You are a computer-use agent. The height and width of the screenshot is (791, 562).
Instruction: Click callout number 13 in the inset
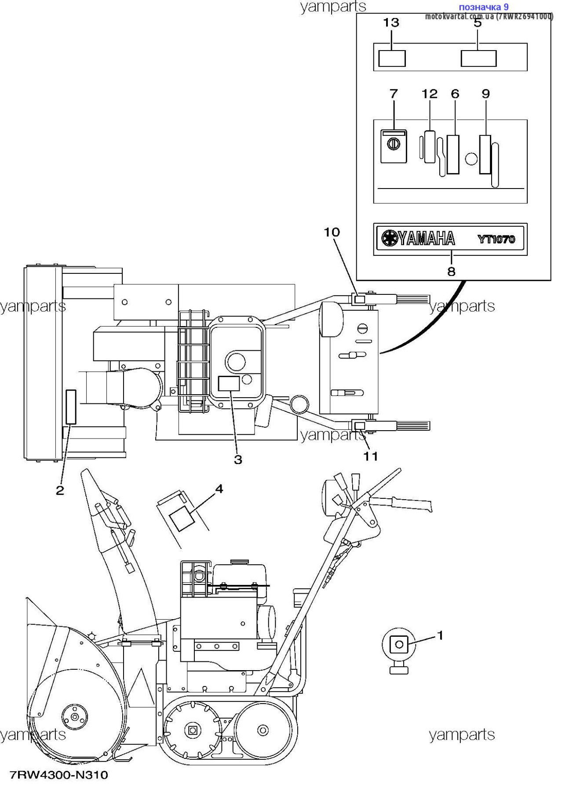(x=391, y=22)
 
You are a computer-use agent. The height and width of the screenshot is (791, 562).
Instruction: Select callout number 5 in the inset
(x=478, y=23)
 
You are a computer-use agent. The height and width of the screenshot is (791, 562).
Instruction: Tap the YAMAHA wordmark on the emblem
(x=426, y=239)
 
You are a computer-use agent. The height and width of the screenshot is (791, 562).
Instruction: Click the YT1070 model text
(x=496, y=239)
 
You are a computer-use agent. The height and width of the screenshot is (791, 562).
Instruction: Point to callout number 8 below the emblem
(x=451, y=272)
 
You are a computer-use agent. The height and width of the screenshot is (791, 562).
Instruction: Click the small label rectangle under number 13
(x=392, y=58)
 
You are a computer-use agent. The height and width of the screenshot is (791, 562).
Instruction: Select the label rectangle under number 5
(x=478, y=58)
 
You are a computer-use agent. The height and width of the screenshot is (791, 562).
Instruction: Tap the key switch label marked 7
(x=394, y=146)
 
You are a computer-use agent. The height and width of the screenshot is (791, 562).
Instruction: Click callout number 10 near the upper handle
(x=332, y=232)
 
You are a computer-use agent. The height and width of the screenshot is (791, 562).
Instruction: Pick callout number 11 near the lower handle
(x=371, y=456)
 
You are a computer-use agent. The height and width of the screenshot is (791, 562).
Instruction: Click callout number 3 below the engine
(x=238, y=460)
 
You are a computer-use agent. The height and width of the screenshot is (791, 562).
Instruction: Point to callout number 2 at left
(x=60, y=490)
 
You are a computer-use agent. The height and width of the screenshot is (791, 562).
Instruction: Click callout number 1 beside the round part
(x=440, y=635)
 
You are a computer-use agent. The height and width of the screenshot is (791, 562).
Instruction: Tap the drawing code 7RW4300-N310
(x=59, y=775)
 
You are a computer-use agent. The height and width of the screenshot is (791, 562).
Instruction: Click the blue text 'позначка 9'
(x=484, y=7)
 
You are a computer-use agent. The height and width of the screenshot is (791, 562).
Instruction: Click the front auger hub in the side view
(x=74, y=717)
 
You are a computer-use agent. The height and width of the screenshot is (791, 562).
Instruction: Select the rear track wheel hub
(x=263, y=730)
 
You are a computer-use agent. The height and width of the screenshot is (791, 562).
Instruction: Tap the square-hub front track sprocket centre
(x=192, y=730)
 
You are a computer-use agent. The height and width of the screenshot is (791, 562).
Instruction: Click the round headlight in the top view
(x=331, y=319)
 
